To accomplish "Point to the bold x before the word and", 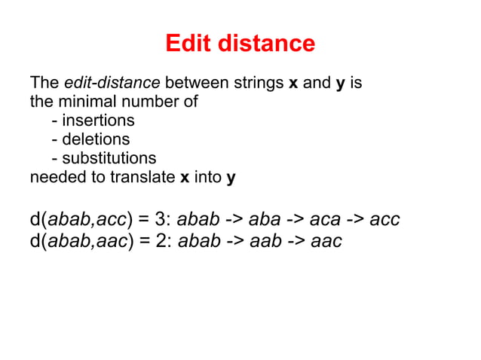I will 293,82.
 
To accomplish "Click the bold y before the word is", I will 340,82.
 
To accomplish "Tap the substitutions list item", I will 104,158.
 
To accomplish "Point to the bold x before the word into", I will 185,178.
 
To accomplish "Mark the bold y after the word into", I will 231,178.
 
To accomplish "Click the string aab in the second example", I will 264,241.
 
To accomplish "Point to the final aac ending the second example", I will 326,241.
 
